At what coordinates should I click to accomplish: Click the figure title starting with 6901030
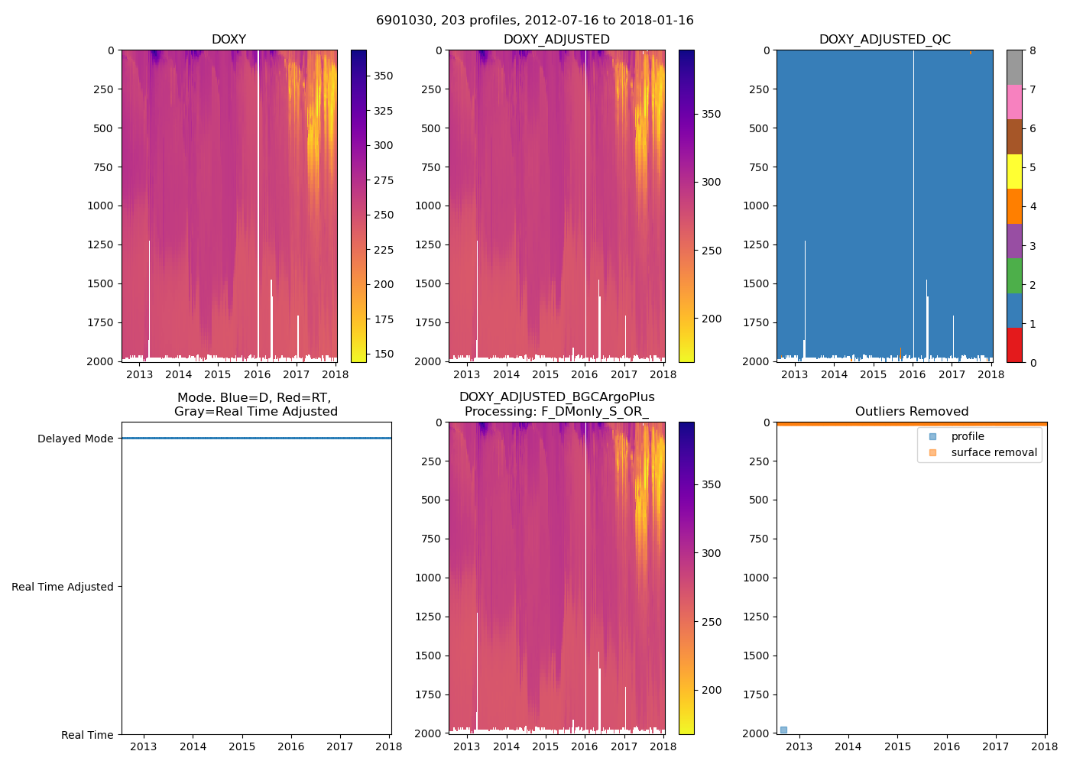click(x=534, y=21)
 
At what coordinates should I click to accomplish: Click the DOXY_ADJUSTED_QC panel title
click(x=884, y=40)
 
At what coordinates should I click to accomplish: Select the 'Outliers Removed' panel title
click(x=911, y=412)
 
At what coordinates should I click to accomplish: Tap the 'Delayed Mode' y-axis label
click(x=75, y=439)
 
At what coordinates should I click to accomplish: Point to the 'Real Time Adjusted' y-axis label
click(x=63, y=587)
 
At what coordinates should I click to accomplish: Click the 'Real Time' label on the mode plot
click(x=87, y=735)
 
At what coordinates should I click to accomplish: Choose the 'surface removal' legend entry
click(x=994, y=453)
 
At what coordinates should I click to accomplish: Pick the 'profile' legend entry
click(x=967, y=436)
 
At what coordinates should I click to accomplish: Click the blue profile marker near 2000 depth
click(x=783, y=730)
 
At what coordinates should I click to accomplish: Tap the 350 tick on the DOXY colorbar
click(x=384, y=76)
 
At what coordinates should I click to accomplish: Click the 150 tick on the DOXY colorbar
click(x=384, y=354)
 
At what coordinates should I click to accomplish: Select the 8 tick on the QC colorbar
click(x=1033, y=50)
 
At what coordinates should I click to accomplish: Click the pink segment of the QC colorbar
click(x=1014, y=102)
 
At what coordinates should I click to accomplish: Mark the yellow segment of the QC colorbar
click(x=1014, y=172)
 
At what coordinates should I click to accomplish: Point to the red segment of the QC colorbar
click(x=1014, y=345)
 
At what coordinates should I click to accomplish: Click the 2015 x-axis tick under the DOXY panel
click(x=218, y=374)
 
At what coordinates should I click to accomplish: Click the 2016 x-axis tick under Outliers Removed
click(x=946, y=746)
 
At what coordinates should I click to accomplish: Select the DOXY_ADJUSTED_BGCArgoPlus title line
click(x=556, y=397)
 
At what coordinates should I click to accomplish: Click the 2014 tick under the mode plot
click(x=193, y=746)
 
